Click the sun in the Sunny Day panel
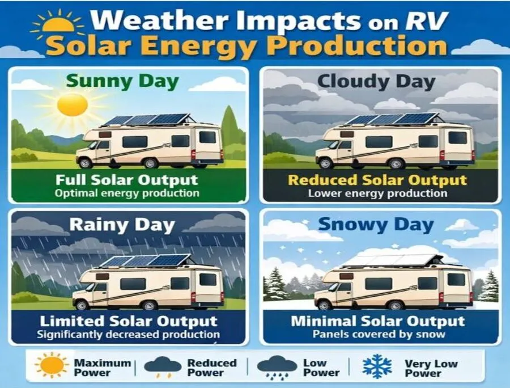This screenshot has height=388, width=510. tap(73, 105)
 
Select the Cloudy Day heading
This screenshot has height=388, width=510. tap(376, 81)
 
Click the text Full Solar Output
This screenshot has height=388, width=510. tap(127, 180)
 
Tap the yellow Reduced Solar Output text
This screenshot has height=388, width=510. tap(377, 180)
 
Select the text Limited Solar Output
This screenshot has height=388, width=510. tap(127, 322)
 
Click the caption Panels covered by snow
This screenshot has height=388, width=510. tap(379, 334)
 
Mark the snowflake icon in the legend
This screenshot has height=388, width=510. tap(377, 366)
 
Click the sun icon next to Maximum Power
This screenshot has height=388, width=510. tap(52, 366)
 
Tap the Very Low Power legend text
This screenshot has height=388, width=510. tap(423, 368)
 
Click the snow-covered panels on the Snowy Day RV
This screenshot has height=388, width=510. tap(391, 260)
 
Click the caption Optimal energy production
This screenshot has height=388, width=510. tap(127, 193)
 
